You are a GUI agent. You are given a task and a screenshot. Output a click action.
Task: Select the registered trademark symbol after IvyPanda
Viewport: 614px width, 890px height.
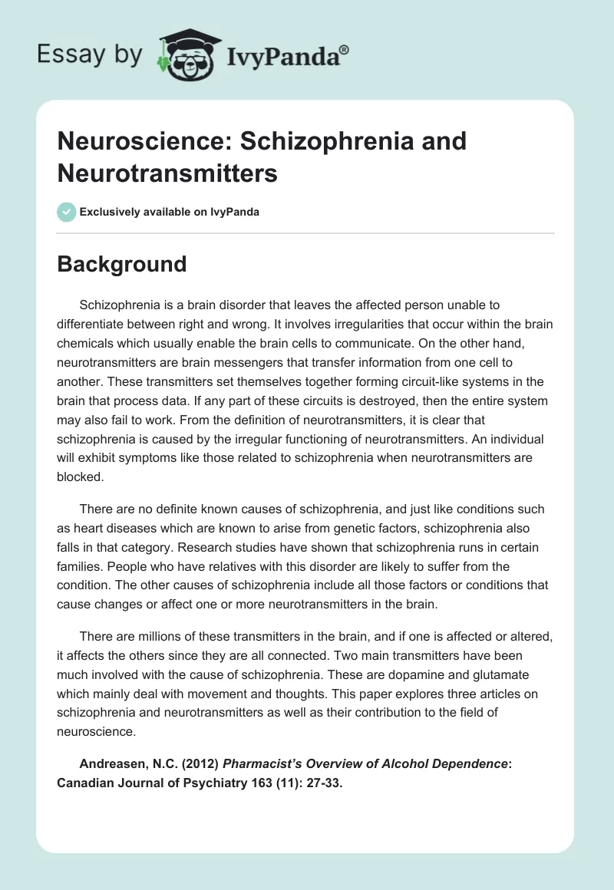(345, 49)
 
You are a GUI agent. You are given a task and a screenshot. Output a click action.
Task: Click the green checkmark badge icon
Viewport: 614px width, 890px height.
(66, 212)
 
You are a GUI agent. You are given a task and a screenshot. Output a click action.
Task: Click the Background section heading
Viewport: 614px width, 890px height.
(122, 264)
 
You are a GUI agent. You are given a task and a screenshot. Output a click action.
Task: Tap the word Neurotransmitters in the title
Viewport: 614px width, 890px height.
(167, 173)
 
